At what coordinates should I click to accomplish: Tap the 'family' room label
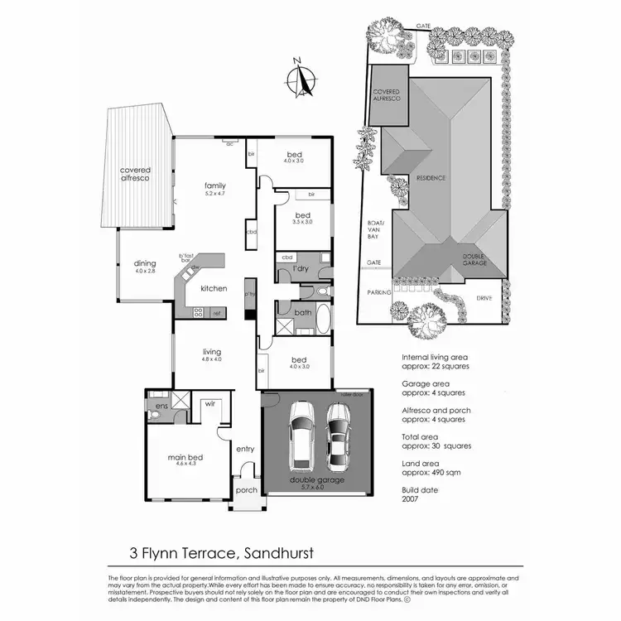(x=215, y=185)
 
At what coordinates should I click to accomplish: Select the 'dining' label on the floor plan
(x=145, y=263)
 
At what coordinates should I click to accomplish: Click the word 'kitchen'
(x=214, y=288)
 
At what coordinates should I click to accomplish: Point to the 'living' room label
(x=210, y=351)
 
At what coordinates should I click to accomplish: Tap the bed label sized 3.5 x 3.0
(x=302, y=215)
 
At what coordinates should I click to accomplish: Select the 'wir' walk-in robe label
(x=210, y=405)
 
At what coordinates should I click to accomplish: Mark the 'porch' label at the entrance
(x=247, y=489)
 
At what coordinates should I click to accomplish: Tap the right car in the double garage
(x=339, y=436)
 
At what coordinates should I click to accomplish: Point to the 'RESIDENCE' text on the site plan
(x=431, y=178)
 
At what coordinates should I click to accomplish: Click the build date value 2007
(x=410, y=499)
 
